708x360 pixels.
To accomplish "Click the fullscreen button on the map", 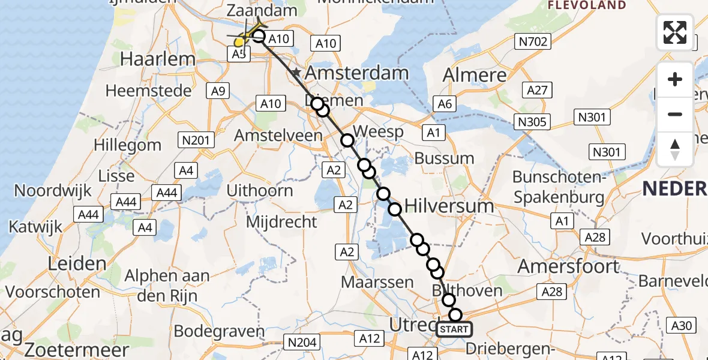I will (675, 32).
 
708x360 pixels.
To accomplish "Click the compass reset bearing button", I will (675, 149).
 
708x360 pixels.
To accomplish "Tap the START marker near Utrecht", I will (454, 329).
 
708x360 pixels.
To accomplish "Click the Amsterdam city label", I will (357, 74).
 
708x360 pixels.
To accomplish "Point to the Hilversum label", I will (449, 206).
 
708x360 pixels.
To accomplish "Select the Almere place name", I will (474, 76).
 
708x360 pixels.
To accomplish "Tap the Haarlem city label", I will (149, 59).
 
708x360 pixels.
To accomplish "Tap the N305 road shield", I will (532, 122).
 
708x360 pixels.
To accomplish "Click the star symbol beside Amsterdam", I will (296, 73).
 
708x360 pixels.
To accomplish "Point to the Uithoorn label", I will (260, 191).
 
